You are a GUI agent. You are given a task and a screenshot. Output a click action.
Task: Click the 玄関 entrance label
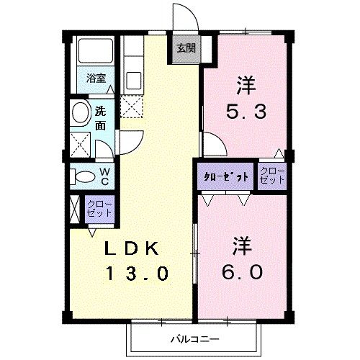coord(185,48)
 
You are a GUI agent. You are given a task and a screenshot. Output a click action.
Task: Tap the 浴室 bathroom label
coord(96,78)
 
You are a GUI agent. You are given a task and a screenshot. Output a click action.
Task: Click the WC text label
coord(104,175)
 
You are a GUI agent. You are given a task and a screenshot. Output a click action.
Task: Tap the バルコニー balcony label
coord(194,338)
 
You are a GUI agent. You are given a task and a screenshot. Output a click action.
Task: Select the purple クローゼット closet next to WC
coord(99,208)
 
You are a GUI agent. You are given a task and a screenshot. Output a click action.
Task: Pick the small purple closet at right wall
coord(272,176)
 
